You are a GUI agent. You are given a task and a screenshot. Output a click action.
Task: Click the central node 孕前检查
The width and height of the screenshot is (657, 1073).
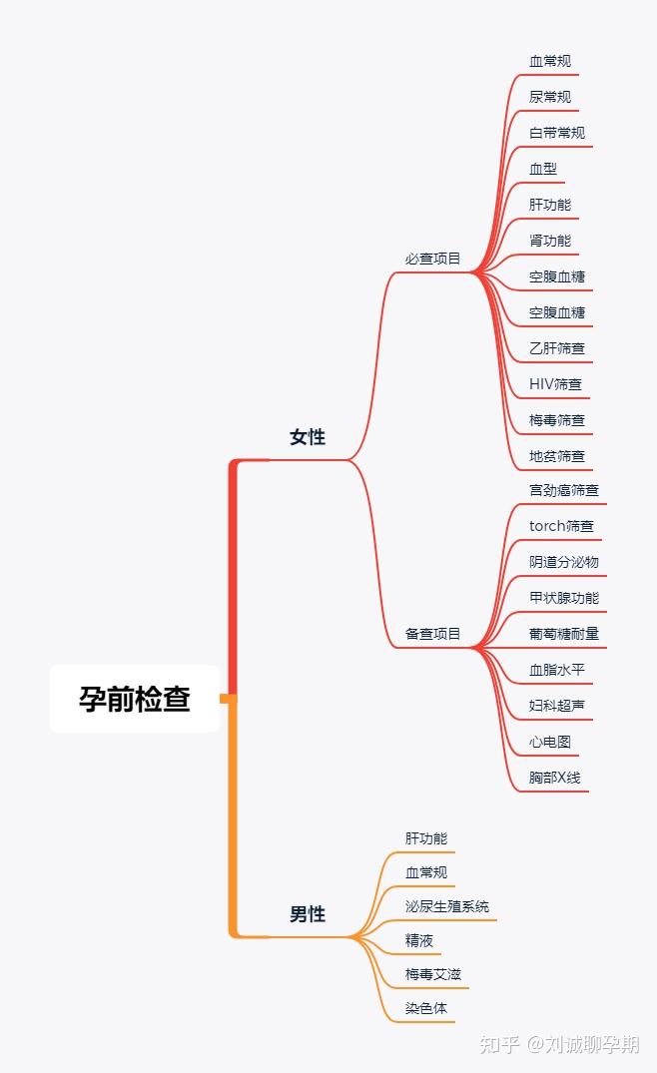point(135,699)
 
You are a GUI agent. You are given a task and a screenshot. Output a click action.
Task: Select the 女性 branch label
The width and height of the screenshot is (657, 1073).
point(308,437)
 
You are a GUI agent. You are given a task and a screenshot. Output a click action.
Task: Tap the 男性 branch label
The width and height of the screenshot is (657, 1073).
point(308,914)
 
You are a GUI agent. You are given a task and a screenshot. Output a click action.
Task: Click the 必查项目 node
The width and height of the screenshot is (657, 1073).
point(433,259)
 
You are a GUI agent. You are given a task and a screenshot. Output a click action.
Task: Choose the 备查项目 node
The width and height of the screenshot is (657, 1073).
point(433,634)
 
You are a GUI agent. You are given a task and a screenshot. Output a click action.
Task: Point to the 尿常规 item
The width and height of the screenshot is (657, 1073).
point(550,97)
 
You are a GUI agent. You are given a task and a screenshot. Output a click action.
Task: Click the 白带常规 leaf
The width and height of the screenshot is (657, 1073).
point(557,133)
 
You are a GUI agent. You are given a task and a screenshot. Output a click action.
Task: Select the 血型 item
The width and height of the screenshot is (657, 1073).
point(543,169)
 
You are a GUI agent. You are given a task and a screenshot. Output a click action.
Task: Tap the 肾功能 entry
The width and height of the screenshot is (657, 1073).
point(550,241)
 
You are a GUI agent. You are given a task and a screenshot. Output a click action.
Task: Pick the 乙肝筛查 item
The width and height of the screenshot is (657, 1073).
point(557,348)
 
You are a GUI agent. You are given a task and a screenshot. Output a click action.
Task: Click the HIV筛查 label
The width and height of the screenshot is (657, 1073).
point(555,384)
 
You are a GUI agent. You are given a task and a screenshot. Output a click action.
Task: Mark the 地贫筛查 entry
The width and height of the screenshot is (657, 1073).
point(557,456)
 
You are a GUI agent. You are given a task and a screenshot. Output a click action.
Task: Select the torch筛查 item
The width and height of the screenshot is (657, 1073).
point(561,526)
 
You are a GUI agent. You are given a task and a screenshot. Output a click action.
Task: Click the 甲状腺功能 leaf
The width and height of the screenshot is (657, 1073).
point(564,598)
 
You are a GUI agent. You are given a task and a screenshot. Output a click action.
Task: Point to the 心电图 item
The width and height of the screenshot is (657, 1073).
point(550,742)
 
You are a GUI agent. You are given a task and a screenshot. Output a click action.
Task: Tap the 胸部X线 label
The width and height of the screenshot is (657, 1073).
point(554,778)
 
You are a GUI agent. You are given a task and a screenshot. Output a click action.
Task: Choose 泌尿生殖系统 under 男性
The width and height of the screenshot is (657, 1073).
point(447,906)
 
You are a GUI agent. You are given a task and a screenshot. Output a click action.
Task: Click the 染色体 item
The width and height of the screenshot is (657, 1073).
point(426,1008)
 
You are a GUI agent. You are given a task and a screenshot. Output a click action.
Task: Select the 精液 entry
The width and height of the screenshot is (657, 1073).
point(419,940)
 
